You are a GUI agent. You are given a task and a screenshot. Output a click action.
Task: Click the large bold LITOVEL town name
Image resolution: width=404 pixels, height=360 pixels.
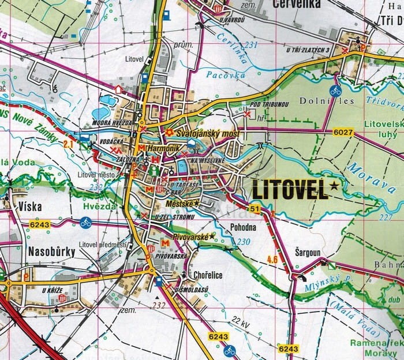(290, 189)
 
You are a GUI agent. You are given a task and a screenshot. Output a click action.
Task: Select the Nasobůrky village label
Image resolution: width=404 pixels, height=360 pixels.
(51, 251)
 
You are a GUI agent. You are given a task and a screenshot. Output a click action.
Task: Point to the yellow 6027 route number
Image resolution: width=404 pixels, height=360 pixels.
(342, 133)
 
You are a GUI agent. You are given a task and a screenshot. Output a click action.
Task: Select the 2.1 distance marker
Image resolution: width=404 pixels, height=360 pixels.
(68, 142)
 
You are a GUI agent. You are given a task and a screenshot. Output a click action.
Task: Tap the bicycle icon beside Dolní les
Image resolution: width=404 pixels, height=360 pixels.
(334, 90)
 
